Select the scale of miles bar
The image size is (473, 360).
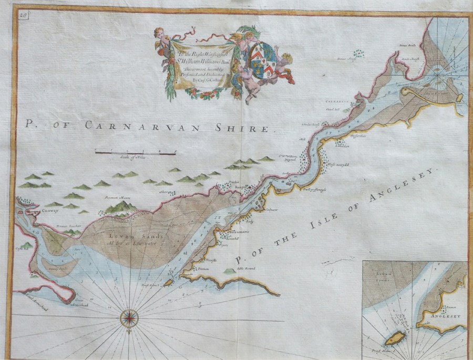tap(135, 152)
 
